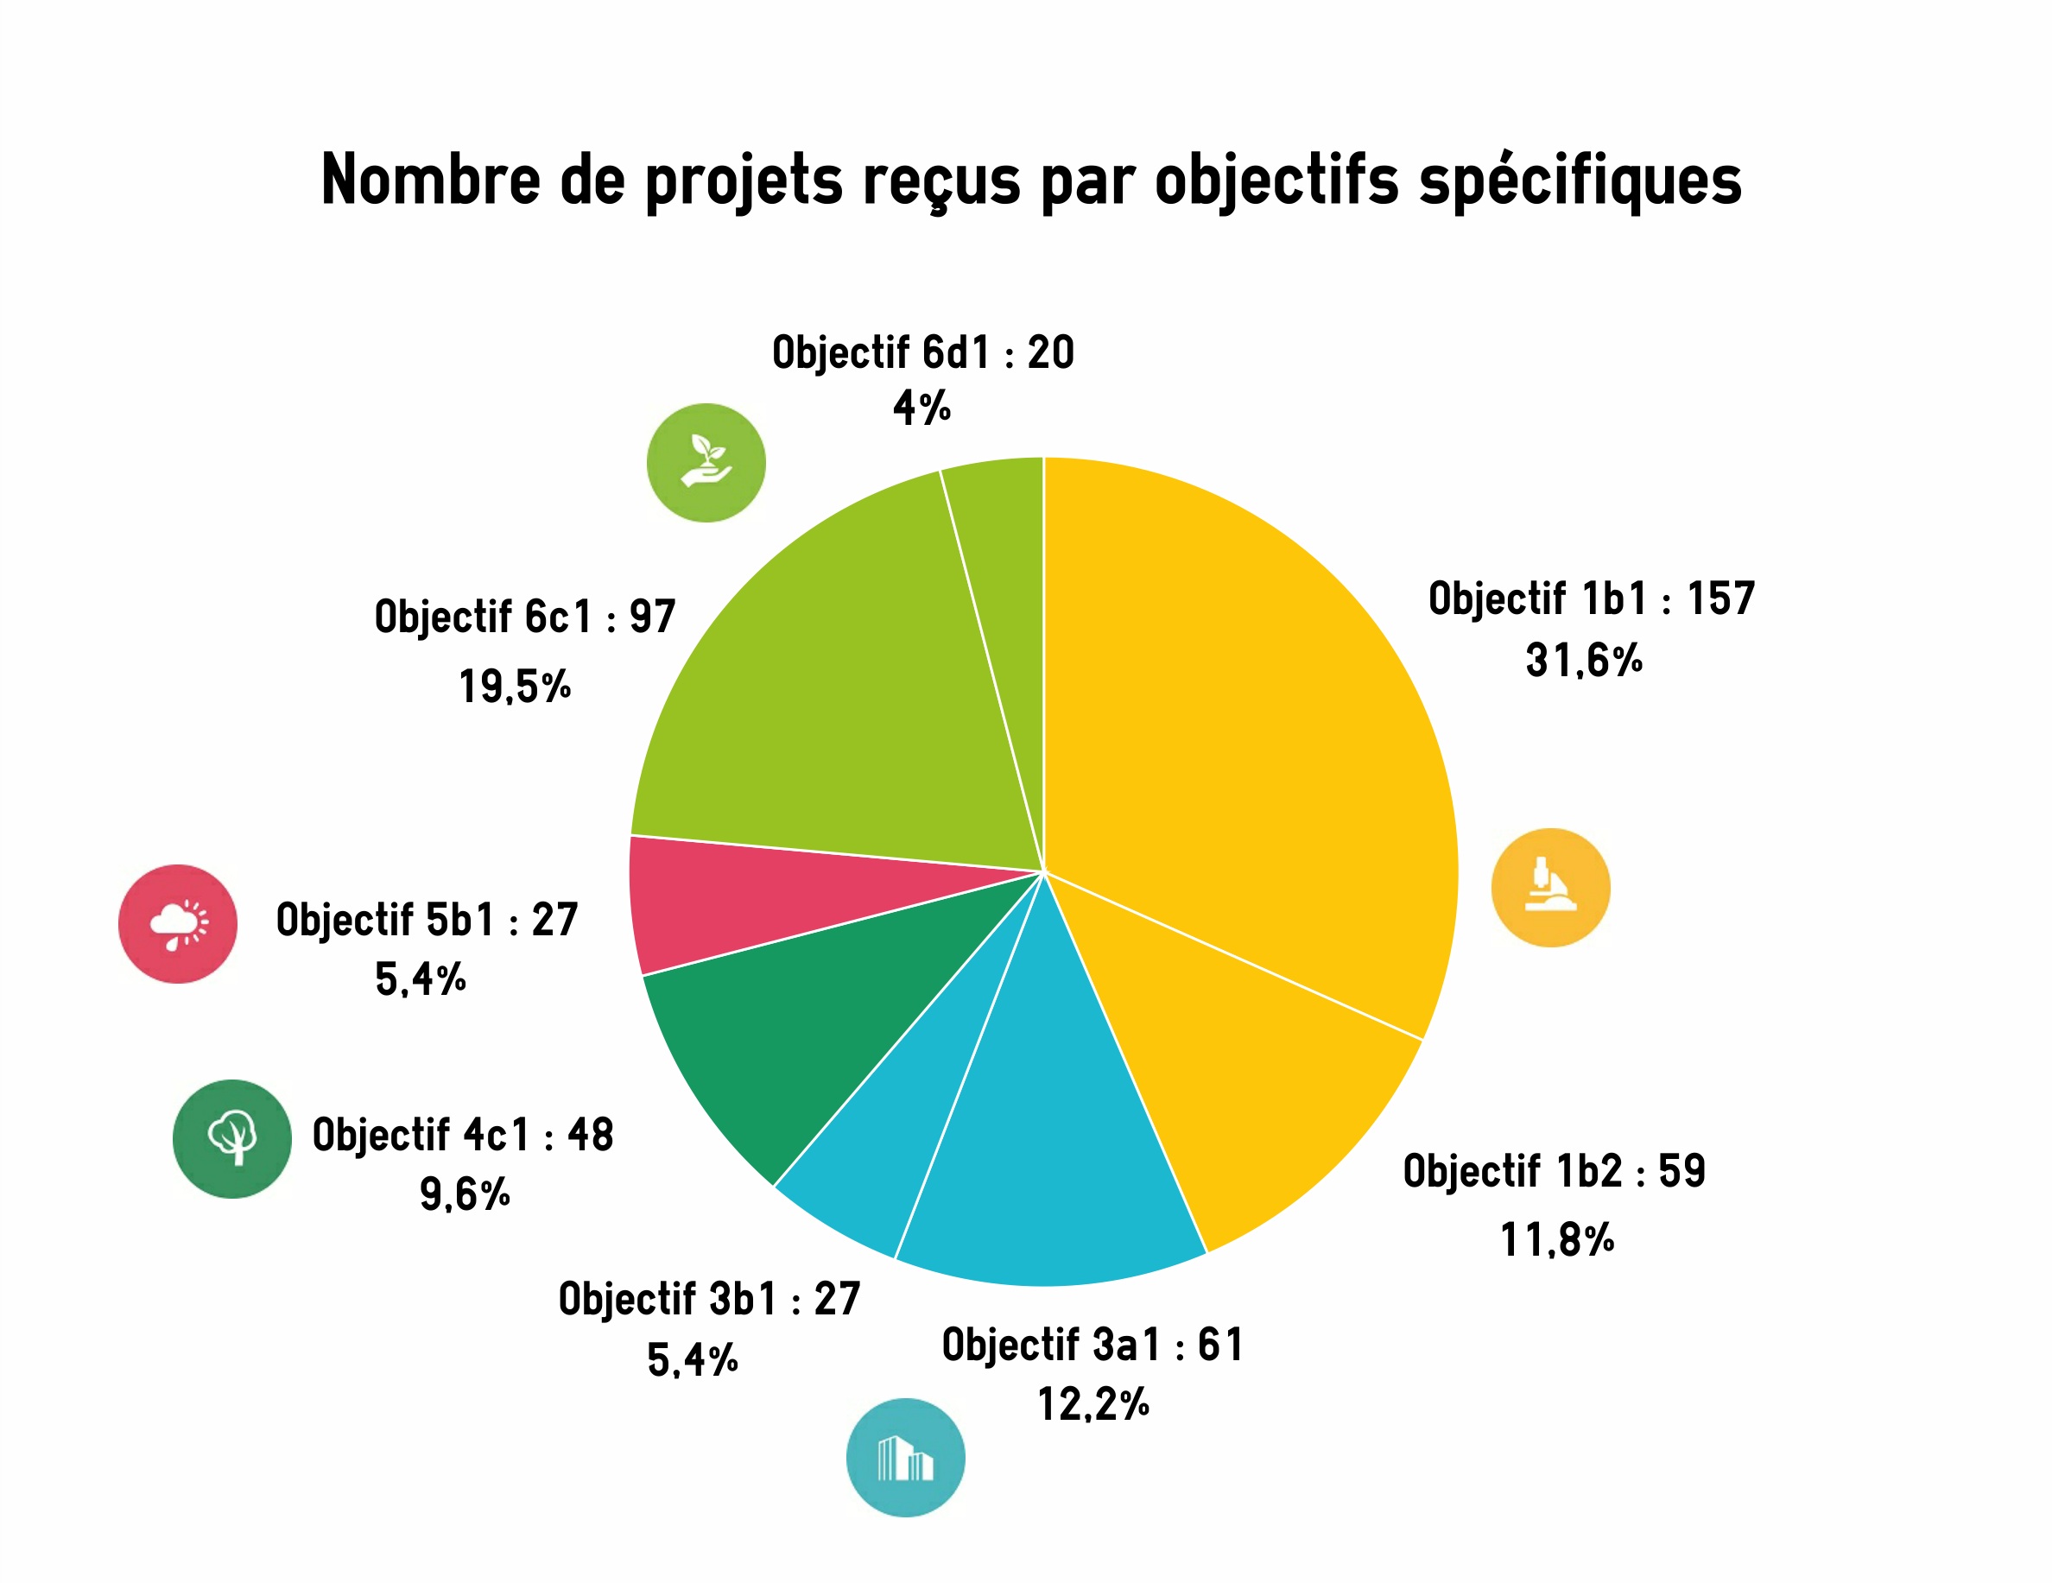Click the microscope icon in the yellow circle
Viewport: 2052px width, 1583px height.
[x=1550, y=887]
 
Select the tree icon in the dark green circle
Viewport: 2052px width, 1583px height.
[x=232, y=1138]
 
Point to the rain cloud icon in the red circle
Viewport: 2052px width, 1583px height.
[x=178, y=923]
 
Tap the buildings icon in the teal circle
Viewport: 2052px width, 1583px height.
[x=905, y=1457]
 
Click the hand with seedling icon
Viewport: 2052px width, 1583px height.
[x=706, y=462]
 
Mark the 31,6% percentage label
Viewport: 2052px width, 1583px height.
[x=1583, y=660]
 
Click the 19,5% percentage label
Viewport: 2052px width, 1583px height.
[x=515, y=686]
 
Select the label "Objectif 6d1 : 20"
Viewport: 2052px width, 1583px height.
[x=922, y=352]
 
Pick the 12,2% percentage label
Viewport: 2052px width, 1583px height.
[x=1092, y=1403]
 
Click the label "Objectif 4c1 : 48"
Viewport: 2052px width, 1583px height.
[x=462, y=1134]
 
